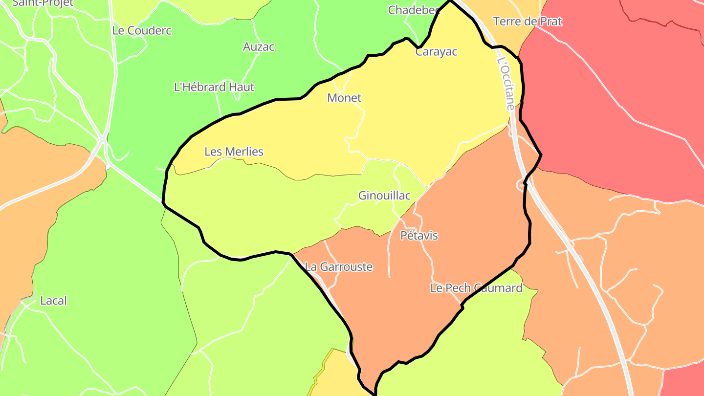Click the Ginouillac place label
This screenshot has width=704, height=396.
coord(384,196)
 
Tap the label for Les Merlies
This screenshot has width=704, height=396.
coord(234,152)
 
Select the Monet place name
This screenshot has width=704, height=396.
coord(344,98)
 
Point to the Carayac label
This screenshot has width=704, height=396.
coord(436,52)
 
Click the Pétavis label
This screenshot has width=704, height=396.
coord(419,236)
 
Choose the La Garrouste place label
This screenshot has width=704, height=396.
coord(338,267)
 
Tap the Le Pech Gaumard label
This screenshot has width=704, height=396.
coord(476,288)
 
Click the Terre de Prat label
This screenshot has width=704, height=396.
coord(528,22)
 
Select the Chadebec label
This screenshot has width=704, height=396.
coord(414,10)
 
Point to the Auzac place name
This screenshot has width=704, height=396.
coord(259,47)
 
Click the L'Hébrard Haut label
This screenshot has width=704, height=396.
coord(214,87)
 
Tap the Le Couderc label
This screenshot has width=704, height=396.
coord(142,30)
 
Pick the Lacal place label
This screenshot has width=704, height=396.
coord(53,301)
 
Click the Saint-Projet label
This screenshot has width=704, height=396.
coord(42,3)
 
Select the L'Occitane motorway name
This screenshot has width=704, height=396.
coord(506,83)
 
